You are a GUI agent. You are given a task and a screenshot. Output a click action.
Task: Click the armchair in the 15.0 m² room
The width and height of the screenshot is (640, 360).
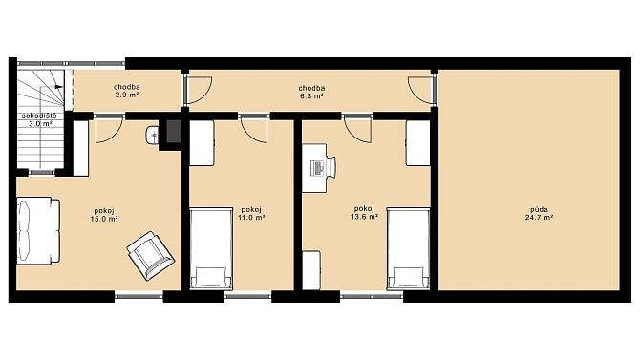pyautogui.click(x=151, y=256)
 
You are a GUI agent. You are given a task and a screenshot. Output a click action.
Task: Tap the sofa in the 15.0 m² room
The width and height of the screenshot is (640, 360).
pyautogui.click(x=38, y=231)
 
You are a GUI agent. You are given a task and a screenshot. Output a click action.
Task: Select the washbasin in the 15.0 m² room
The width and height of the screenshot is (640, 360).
pyautogui.click(x=152, y=135)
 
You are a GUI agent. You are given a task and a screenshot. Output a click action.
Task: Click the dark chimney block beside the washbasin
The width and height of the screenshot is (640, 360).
pyautogui.click(x=174, y=131)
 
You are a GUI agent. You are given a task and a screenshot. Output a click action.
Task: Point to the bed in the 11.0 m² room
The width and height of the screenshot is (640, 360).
pyautogui.click(x=211, y=248)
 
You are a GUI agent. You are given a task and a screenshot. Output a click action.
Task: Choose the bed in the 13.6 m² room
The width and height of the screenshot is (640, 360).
pyautogui.click(x=408, y=248)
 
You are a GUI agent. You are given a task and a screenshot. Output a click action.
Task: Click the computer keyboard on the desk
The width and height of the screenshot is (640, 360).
pyautogui.click(x=317, y=168)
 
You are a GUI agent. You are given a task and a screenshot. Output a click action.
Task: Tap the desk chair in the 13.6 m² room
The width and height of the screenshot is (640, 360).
pyautogui.click(x=331, y=167)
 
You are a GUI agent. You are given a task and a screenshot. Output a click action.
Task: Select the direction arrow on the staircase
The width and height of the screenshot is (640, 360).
pyautogui.click(x=58, y=86)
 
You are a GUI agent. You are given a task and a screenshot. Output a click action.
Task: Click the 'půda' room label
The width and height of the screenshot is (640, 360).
pyautogui.click(x=539, y=209)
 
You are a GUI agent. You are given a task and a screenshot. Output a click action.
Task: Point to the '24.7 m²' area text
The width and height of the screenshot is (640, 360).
pyautogui.click(x=539, y=218)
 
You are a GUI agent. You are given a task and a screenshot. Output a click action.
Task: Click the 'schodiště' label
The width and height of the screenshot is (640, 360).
pyautogui.click(x=39, y=116)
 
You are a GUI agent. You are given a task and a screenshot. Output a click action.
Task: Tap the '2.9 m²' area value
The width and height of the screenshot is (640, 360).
pyautogui.click(x=127, y=95)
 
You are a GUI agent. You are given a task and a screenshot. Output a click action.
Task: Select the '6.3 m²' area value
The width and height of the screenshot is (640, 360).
pyautogui.click(x=311, y=95)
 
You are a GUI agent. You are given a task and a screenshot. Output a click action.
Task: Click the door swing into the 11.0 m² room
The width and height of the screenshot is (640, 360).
pyautogui.click(x=254, y=130)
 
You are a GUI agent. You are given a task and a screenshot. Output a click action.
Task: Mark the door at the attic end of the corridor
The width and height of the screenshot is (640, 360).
pyautogui.click(x=421, y=90)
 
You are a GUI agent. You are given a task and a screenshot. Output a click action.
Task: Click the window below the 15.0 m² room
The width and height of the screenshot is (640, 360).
pyautogui.click(x=139, y=295)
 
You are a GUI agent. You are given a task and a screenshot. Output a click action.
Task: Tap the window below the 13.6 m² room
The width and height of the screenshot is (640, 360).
pyautogui.click(x=372, y=295)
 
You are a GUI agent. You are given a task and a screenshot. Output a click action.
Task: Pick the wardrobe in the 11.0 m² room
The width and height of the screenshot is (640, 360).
pyautogui.click(x=203, y=143)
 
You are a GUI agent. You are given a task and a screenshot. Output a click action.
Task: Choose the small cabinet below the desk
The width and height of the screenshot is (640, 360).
pyautogui.click(x=311, y=270)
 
